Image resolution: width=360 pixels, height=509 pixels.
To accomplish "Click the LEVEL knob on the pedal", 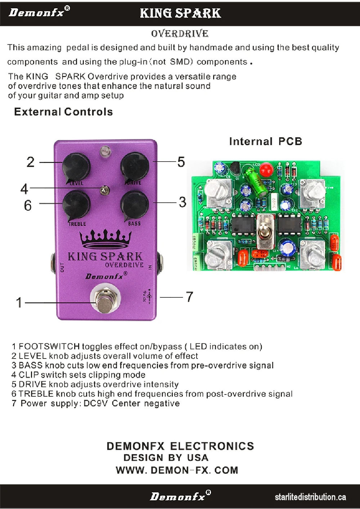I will click(x=76, y=166).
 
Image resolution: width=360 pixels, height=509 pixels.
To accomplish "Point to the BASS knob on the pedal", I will click(x=134, y=204).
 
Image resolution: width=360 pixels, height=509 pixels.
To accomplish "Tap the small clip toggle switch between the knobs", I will click(x=105, y=190).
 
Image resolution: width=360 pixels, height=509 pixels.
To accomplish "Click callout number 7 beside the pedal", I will click(x=189, y=297).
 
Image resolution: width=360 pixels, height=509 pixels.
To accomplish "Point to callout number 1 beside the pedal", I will click(x=19, y=303).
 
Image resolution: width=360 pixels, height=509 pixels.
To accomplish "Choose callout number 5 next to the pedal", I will click(x=181, y=162).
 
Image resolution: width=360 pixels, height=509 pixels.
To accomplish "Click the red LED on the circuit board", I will click(x=266, y=169).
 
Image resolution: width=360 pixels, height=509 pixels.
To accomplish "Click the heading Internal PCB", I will click(x=265, y=141).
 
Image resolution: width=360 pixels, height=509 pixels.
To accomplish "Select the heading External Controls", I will click(x=63, y=112).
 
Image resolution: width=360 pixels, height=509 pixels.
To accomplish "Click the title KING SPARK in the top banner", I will click(x=180, y=13).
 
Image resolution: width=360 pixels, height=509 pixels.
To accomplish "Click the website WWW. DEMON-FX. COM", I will click(x=177, y=470).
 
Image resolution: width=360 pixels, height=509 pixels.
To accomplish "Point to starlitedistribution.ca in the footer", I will click(x=310, y=497).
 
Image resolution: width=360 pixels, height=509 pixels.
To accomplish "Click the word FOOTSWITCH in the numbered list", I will click(x=49, y=347).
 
